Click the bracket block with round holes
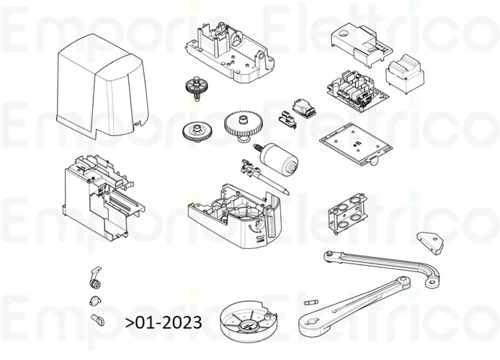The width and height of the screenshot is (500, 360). tap(343, 213)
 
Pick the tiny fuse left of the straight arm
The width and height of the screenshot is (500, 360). tap(313, 300)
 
